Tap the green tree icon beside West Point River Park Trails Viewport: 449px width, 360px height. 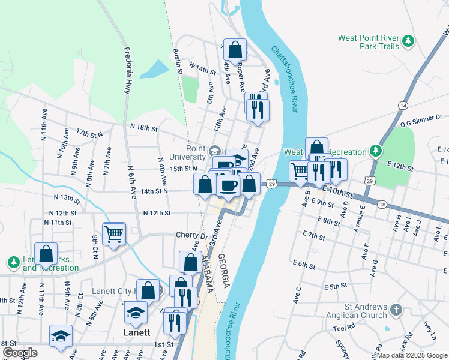[409, 41]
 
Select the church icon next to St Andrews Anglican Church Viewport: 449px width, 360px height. [395, 310]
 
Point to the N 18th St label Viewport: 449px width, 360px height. [143, 128]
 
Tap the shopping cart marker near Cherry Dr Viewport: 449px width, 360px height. [113, 234]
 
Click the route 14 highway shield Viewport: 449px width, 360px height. [402, 105]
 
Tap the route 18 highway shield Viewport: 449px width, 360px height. [382, 205]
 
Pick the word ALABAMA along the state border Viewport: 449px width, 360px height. [206, 273]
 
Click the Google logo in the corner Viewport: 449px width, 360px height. [20, 353]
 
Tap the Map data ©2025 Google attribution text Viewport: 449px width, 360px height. [411, 355]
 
